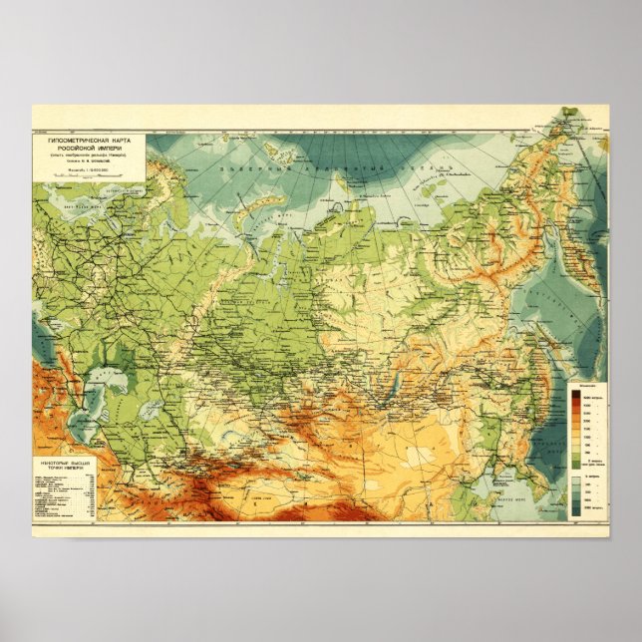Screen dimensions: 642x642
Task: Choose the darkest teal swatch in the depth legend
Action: click(x=575, y=512)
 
